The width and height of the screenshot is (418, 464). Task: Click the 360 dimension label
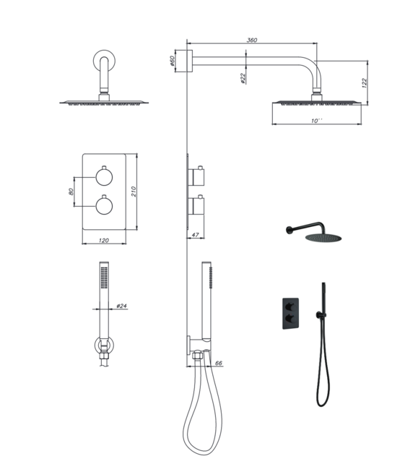click(252, 40)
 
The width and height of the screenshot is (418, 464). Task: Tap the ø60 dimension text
click(173, 61)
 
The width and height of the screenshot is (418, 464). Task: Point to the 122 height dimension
click(365, 82)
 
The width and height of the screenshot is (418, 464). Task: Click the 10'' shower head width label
click(316, 121)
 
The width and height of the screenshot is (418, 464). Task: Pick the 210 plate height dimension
click(135, 191)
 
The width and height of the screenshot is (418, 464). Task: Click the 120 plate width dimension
click(103, 241)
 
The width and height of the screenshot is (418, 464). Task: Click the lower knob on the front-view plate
click(103, 205)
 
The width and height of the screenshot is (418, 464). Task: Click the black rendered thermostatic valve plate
click(292, 312)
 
